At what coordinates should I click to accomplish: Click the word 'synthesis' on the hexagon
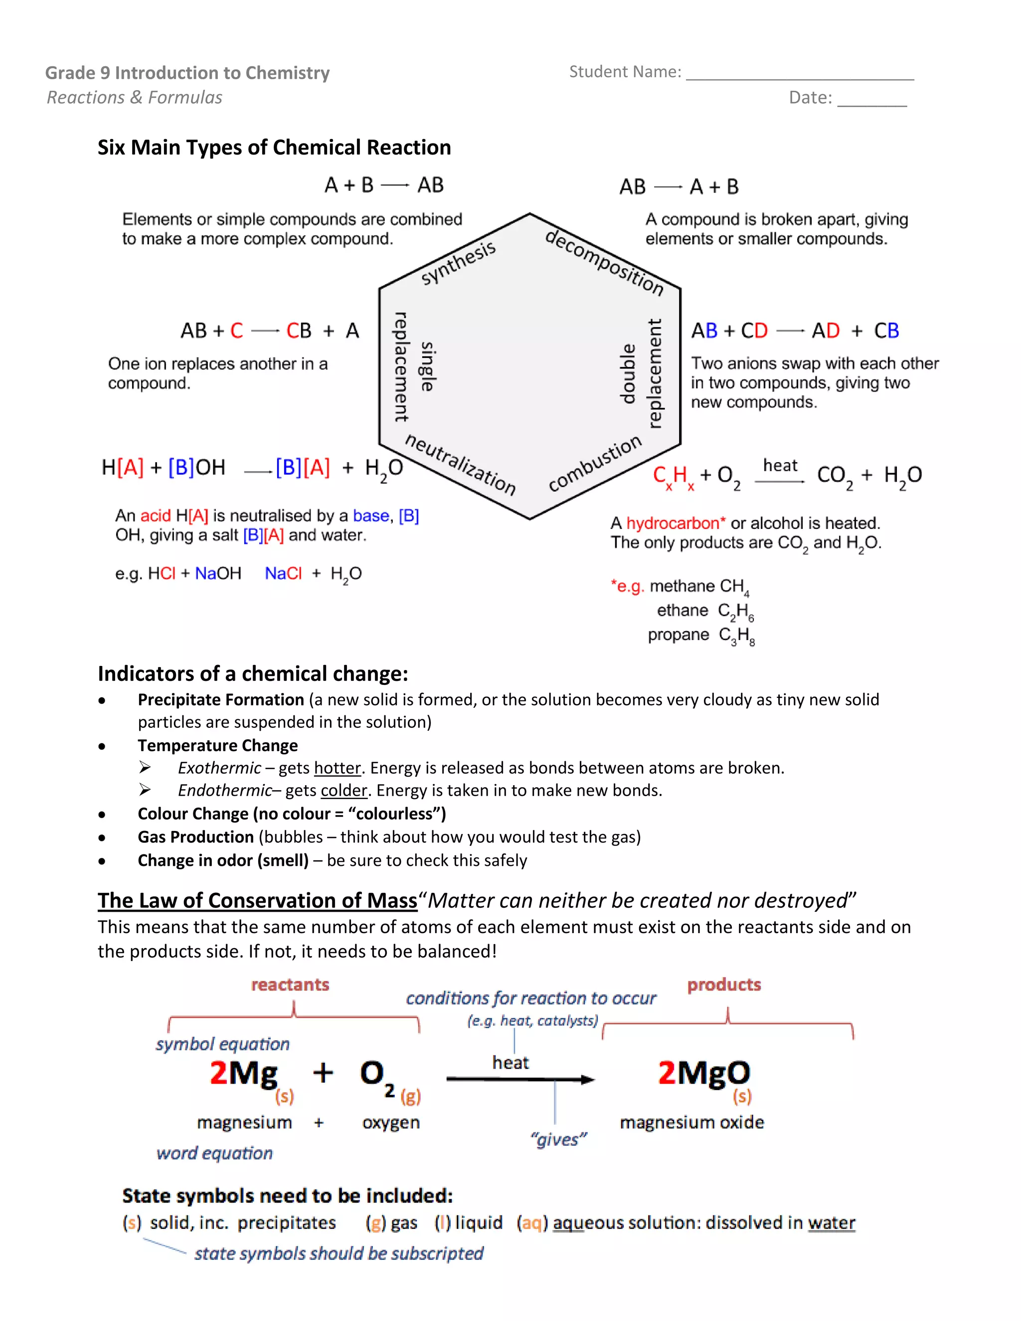point(459,263)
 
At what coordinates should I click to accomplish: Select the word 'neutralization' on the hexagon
point(460,465)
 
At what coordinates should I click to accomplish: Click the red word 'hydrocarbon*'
point(676,523)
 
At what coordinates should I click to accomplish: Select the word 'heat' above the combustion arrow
point(780,466)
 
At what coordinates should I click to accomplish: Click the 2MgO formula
point(704,1074)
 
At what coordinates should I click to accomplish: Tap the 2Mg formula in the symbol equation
point(244,1074)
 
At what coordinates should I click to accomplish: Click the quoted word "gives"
point(558,1140)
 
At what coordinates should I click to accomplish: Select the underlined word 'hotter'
point(338,768)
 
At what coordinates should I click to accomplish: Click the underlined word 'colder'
point(344,791)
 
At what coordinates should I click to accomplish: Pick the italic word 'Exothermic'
point(219,768)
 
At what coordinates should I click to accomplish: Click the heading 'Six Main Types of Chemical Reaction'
point(274,148)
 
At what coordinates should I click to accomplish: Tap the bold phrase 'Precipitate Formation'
point(221,700)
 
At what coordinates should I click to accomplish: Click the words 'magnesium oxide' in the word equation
point(692,1123)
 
